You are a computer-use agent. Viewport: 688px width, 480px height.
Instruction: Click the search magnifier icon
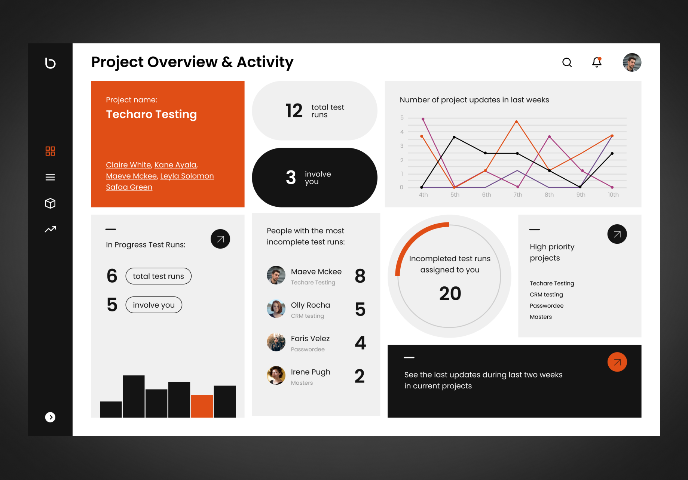click(x=567, y=62)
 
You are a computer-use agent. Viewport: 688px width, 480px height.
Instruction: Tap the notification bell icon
click(x=597, y=62)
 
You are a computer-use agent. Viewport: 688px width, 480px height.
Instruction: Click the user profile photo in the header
click(x=632, y=62)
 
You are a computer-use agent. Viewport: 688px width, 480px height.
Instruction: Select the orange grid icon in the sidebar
click(x=50, y=151)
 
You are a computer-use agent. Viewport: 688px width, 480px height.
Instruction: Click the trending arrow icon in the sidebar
click(x=50, y=229)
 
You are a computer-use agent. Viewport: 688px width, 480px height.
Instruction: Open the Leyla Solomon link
click(x=187, y=176)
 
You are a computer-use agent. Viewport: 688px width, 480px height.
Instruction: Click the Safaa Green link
click(x=129, y=187)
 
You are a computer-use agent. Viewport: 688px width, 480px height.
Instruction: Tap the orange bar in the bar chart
click(x=202, y=406)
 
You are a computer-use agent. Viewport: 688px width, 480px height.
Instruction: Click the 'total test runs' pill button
click(x=158, y=276)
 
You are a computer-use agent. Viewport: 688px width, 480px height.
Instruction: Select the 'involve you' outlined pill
click(x=154, y=305)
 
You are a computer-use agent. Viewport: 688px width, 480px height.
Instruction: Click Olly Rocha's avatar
click(x=276, y=309)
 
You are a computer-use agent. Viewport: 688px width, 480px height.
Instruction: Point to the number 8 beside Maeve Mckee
click(x=360, y=276)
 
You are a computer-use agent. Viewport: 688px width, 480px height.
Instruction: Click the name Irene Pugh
click(x=311, y=372)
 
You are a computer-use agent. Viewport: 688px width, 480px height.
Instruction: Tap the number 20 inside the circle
click(x=450, y=293)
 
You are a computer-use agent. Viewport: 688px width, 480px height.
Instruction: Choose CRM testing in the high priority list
click(x=546, y=295)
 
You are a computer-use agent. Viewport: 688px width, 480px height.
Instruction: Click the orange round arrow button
click(x=617, y=362)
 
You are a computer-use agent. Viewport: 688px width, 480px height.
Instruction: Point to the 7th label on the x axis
click(x=518, y=195)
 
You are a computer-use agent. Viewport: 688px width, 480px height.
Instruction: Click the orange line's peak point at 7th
click(x=516, y=121)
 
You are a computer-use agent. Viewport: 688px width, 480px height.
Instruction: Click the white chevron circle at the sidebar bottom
click(x=50, y=417)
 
